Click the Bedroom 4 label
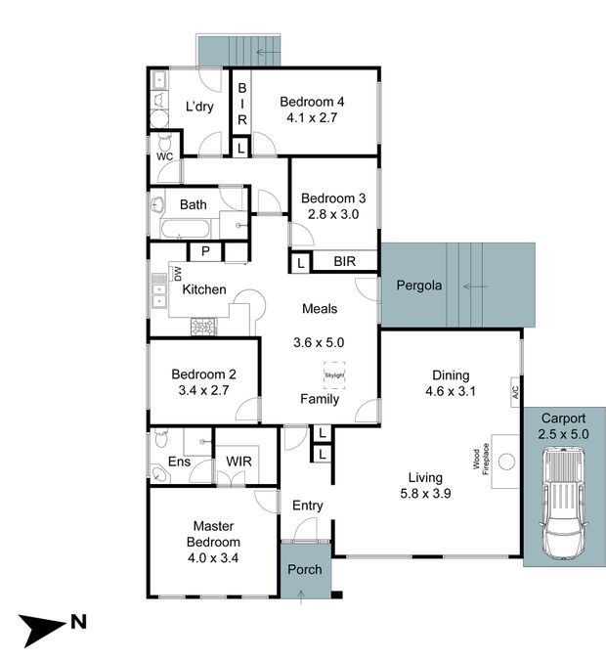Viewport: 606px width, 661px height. click(312, 102)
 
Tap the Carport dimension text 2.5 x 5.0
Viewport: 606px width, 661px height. click(563, 434)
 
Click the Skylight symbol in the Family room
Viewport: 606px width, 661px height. click(334, 375)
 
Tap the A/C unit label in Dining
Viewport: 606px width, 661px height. click(515, 392)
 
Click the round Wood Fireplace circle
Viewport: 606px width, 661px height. click(506, 462)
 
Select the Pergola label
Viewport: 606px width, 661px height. click(419, 286)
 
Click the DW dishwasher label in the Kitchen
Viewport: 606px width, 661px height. click(178, 274)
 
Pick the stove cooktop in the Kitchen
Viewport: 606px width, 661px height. click(204, 327)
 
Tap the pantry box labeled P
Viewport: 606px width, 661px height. click(205, 251)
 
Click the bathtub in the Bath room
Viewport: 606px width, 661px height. click(185, 229)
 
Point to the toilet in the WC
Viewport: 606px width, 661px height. click(164, 143)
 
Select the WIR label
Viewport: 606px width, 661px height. click(238, 462)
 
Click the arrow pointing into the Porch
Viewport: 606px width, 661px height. click(301, 597)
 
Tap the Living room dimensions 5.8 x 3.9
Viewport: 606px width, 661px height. click(425, 493)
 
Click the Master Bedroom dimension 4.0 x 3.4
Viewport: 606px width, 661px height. click(213, 557)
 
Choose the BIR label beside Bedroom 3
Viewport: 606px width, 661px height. click(345, 261)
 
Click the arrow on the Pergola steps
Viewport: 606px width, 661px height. click(475, 286)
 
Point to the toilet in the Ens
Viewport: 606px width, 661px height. click(161, 438)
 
